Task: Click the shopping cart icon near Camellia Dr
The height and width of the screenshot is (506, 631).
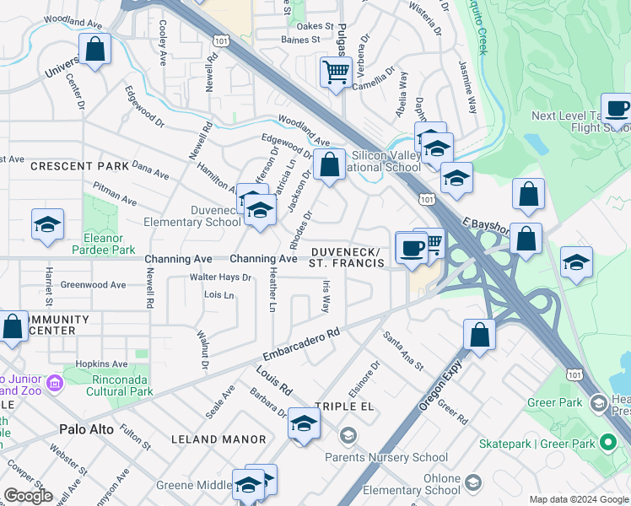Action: pyautogui.click(x=336, y=71)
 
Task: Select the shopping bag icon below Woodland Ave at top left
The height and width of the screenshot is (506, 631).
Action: pyautogui.click(x=95, y=49)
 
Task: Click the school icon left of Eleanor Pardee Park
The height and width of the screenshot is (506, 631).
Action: pyautogui.click(x=47, y=224)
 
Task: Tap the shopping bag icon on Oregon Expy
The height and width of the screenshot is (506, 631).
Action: pyautogui.click(x=479, y=334)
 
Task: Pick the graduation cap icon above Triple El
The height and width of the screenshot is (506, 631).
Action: pyautogui.click(x=304, y=423)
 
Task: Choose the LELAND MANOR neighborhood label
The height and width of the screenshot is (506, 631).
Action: pyautogui.click(x=218, y=439)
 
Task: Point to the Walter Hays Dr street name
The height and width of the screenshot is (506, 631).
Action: pyautogui.click(x=220, y=277)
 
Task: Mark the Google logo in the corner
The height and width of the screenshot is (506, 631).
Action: pyautogui.click(x=28, y=496)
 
